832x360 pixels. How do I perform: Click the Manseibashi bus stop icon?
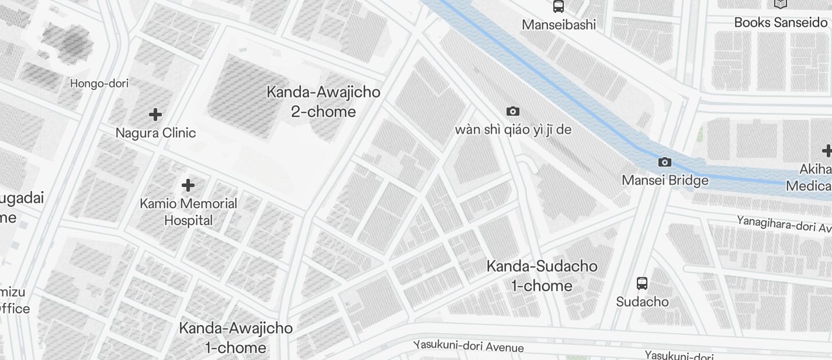[x=559, y=6]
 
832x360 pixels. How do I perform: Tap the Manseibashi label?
[x=559, y=25]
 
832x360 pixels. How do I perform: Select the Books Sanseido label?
[x=781, y=22]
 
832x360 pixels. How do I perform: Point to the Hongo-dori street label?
[x=99, y=83]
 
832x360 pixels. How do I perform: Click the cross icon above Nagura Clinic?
[x=155, y=114]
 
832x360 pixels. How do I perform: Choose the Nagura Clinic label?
[x=155, y=133]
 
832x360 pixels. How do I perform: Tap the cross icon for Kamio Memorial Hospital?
[x=188, y=185]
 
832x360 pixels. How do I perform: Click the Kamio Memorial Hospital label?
[x=188, y=212]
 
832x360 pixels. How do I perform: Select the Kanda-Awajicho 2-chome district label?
[x=323, y=102]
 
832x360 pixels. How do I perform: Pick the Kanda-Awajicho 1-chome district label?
[x=235, y=337]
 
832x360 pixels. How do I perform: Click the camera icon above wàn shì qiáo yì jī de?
[x=512, y=111]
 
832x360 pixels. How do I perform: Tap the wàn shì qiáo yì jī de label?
[x=513, y=129]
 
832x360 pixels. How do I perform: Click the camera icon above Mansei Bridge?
[x=664, y=162]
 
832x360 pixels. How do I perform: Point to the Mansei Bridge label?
[x=665, y=180]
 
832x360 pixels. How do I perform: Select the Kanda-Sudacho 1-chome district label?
[x=542, y=276]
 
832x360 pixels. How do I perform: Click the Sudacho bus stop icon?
[x=642, y=283]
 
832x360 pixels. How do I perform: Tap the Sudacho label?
[x=642, y=302]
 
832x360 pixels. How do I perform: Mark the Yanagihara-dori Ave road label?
[x=784, y=223]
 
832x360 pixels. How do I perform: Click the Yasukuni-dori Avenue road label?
[x=469, y=346]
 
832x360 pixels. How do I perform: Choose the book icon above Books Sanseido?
[x=781, y=4]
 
